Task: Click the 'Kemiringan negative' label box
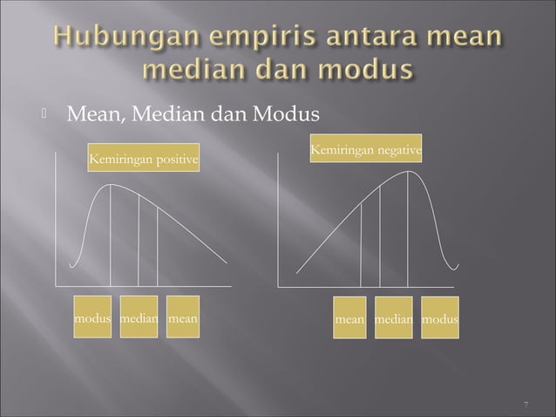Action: pyautogui.click(x=366, y=152)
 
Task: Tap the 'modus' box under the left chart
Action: pyautogui.click(x=92, y=319)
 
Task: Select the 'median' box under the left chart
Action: pyautogui.click(x=139, y=319)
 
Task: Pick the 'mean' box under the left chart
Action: pyautogui.click(x=182, y=319)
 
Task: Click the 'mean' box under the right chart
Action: pyautogui.click(x=349, y=320)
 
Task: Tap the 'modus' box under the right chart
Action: pyautogui.click(x=440, y=320)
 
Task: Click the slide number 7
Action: pyautogui.click(x=526, y=405)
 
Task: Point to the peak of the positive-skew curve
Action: pyautogui.click(x=112, y=185)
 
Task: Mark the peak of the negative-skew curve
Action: pyautogui.click(x=408, y=171)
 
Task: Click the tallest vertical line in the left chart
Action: pyautogui.click(x=110, y=236)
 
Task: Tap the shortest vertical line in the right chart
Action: pyautogui.click(x=361, y=248)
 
